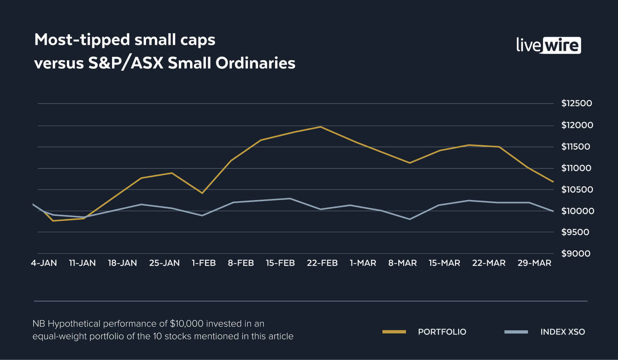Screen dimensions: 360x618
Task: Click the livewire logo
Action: click(x=548, y=45)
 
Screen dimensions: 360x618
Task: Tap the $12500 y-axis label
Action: click(x=577, y=104)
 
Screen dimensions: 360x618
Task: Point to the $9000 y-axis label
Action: click(x=576, y=254)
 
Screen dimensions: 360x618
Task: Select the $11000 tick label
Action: click(x=576, y=168)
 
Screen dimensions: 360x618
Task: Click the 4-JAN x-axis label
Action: click(x=44, y=263)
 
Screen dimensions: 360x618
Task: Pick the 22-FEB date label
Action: click(x=322, y=263)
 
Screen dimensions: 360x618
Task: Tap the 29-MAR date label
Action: click(x=534, y=263)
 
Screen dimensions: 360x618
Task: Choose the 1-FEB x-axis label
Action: click(x=204, y=263)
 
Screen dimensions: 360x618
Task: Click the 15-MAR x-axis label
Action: click(x=444, y=263)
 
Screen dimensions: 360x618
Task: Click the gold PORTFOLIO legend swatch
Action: click(x=394, y=332)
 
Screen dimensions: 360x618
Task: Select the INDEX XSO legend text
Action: click(x=562, y=332)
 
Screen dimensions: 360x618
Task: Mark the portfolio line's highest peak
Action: click(x=321, y=127)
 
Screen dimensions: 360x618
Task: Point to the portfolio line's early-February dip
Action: click(x=202, y=193)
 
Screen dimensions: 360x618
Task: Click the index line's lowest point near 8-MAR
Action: click(x=410, y=219)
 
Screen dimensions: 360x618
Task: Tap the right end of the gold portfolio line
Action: click(x=553, y=182)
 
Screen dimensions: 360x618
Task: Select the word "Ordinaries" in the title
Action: click(x=255, y=63)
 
